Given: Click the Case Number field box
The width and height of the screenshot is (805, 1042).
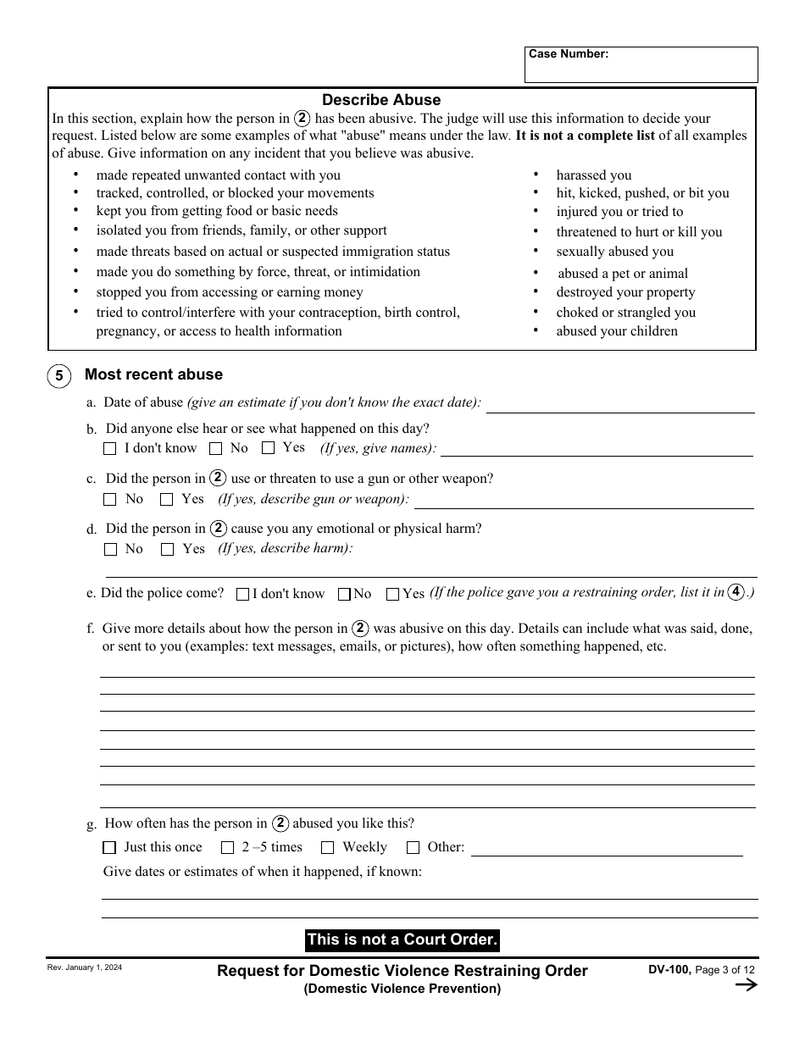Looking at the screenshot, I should [x=641, y=65].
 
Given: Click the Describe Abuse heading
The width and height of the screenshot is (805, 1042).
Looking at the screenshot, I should [x=381, y=100].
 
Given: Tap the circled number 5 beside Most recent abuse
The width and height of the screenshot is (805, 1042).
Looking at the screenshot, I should [x=58, y=375].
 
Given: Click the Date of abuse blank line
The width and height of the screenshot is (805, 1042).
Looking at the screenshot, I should [x=619, y=404].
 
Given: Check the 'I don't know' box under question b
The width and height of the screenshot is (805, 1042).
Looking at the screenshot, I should [x=110, y=449].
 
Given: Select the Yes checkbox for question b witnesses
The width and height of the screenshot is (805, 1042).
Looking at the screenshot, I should [x=269, y=448].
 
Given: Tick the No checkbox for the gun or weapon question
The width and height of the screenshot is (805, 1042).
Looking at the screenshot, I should [x=110, y=500].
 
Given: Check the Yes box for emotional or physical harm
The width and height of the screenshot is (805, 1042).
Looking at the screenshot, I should [x=167, y=550].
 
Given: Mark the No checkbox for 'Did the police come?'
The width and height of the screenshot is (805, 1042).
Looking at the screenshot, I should [x=344, y=595].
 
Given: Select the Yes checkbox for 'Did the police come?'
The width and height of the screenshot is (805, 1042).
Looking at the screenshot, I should [x=392, y=595].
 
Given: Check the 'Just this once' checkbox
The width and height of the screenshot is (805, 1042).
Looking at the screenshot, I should [x=109, y=847].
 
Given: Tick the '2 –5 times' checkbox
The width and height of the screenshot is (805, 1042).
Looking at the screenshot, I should [x=227, y=847].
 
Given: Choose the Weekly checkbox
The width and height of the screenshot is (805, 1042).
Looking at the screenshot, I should [x=327, y=847].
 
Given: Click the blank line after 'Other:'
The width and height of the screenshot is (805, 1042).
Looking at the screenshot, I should [x=606, y=849].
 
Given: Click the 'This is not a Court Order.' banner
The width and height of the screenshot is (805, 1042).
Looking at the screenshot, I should [x=402, y=939].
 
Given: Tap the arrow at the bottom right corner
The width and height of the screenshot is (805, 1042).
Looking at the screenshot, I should [x=746, y=984].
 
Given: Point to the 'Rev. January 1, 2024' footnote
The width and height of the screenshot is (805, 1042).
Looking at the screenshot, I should [x=85, y=967].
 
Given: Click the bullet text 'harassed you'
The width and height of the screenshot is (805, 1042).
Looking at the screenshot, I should [x=594, y=175].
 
